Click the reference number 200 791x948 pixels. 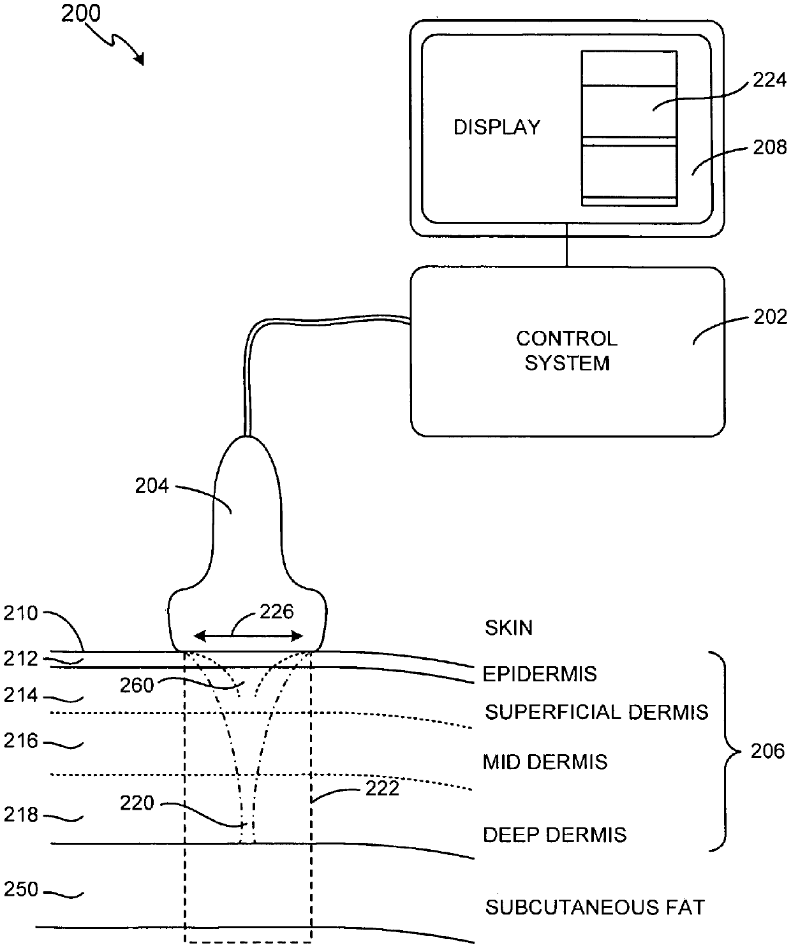(81, 13)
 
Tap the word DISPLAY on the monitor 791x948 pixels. (497, 127)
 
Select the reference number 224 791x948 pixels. (770, 80)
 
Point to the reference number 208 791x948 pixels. (770, 147)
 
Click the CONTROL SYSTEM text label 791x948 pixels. (567, 351)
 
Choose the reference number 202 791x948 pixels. (770, 316)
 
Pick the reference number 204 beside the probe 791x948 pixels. (152, 486)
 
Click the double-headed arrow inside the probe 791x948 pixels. (248, 636)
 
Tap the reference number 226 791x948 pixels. (277, 611)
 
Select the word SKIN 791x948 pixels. (508, 628)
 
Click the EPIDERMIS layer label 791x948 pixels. (540, 674)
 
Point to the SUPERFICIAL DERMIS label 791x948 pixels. (596, 712)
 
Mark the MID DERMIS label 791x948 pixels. (545, 762)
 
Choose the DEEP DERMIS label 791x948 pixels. (555, 835)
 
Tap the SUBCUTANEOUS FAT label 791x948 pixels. (595, 908)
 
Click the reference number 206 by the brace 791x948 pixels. (767, 751)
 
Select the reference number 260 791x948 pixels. (137, 685)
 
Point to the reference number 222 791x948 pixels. (382, 789)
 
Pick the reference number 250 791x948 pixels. (21, 889)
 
